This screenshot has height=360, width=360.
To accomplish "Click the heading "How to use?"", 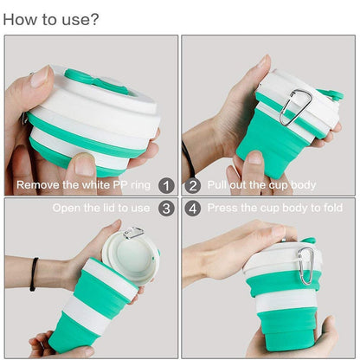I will (51, 18).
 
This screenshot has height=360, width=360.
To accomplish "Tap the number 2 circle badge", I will (193, 185).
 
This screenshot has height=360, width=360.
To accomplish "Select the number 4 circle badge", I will (193, 209).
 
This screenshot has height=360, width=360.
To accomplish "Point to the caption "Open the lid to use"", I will (101, 209).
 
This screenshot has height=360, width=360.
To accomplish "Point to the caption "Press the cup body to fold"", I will (275, 209).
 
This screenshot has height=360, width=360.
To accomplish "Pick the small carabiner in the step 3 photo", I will (132, 233).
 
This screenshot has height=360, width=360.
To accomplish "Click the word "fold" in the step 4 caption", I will (331, 209).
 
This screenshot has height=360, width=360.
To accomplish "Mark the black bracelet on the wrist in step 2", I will (188, 161).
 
